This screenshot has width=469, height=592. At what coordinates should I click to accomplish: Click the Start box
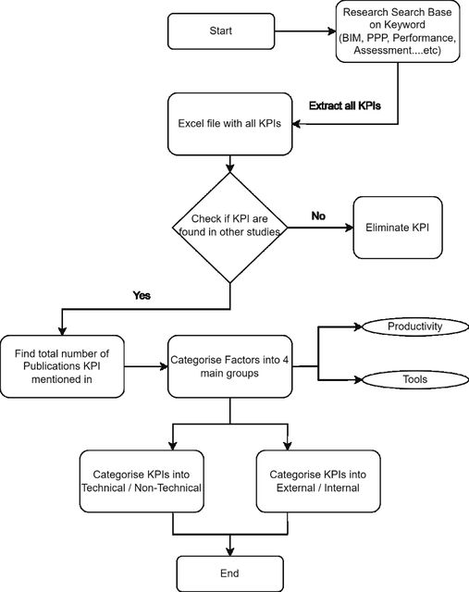click(221, 31)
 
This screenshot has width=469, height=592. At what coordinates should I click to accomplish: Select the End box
click(229, 573)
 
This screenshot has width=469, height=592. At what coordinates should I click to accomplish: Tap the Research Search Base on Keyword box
click(398, 31)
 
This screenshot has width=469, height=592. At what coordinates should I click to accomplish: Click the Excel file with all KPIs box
click(230, 124)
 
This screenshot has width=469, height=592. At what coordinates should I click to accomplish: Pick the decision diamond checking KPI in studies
click(230, 228)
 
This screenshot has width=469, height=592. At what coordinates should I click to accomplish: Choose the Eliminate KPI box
click(398, 228)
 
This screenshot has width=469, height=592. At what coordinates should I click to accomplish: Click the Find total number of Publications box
click(62, 366)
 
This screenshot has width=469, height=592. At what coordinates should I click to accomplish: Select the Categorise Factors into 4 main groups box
click(230, 366)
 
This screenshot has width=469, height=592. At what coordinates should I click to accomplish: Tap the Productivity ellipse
click(415, 327)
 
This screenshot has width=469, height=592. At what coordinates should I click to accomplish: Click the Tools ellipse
click(415, 379)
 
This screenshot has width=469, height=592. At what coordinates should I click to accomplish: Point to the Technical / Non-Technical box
click(142, 481)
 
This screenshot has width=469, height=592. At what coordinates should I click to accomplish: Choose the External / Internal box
click(318, 481)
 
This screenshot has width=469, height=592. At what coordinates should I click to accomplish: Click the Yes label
click(142, 295)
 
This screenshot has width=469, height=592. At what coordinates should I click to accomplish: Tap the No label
click(318, 216)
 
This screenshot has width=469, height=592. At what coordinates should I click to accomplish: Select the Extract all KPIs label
click(345, 105)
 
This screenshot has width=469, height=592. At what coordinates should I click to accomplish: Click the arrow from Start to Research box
click(305, 31)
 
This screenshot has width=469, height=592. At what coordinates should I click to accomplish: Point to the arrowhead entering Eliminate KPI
click(350, 228)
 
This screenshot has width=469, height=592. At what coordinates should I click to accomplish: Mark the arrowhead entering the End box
click(230, 551)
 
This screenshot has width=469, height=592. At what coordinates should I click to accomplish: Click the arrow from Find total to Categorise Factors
click(146, 366)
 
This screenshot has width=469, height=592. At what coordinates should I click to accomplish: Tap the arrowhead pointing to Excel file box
click(296, 124)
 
